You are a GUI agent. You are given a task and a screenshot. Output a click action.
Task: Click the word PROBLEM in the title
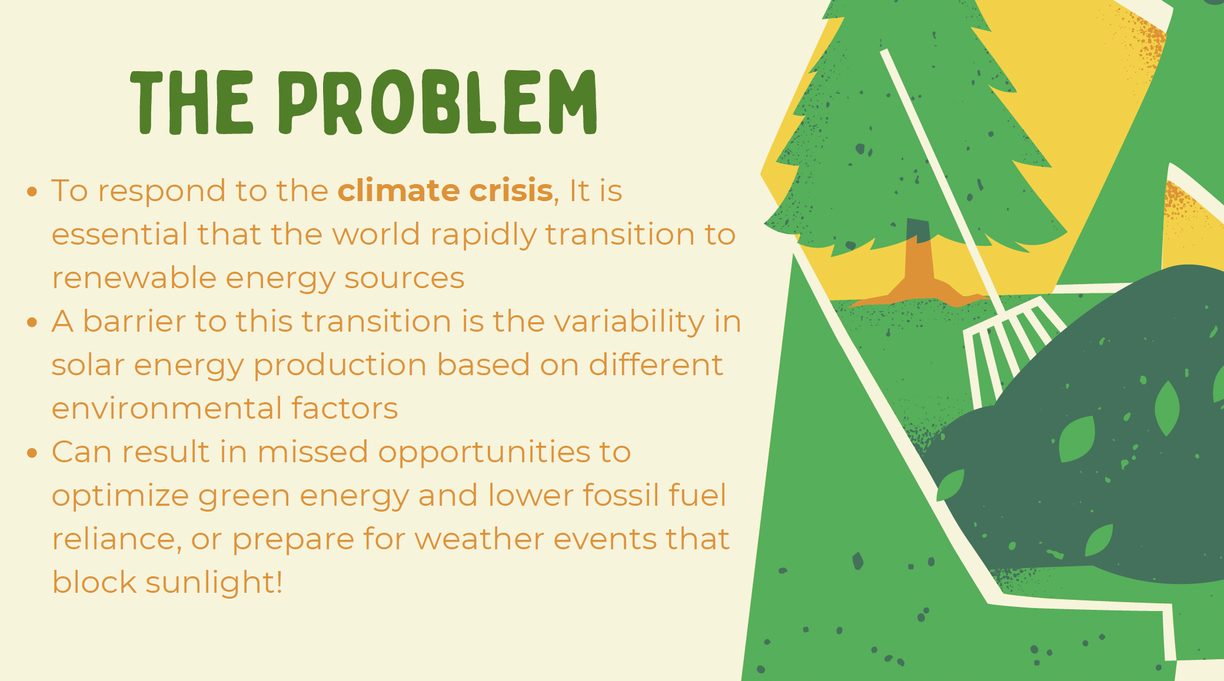pyautogui.click(x=438, y=102)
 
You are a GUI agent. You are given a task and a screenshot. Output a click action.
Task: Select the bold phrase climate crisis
pyautogui.click(x=445, y=191)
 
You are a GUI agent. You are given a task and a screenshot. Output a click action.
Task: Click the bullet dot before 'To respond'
pyautogui.click(x=32, y=192)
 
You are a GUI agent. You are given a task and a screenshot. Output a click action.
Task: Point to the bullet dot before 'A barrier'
pyautogui.click(x=32, y=322)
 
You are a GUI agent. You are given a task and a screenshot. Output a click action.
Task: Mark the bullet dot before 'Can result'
pyautogui.click(x=32, y=453)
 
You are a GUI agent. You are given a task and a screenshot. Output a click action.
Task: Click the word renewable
pyautogui.click(x=134, y=278)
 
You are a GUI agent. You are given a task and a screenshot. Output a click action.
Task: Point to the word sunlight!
pyautogui.click(x=214, y=583)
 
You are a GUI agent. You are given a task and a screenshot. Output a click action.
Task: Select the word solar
pyautogui.click(x=88, y=365)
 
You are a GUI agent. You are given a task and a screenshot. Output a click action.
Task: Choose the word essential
pyautogui.click(x=119, y=234)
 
